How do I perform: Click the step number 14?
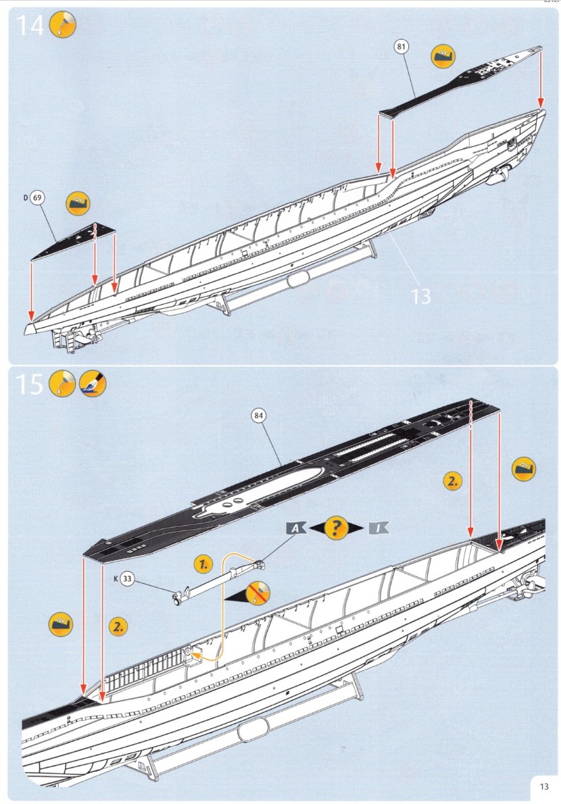tap(28, 25)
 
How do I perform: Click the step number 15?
tap(29, 384)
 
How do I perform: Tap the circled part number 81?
tap(402, 47)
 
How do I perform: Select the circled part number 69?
tap(38, 198)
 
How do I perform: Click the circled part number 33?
tap(128, 578)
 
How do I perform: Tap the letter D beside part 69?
tap(25, 198)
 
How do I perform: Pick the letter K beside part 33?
tap(116, 578)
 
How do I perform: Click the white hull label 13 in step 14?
tap(420, 296)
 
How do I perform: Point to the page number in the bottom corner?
tap(544, 786)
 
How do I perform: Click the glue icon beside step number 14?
tap(64, 25)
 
